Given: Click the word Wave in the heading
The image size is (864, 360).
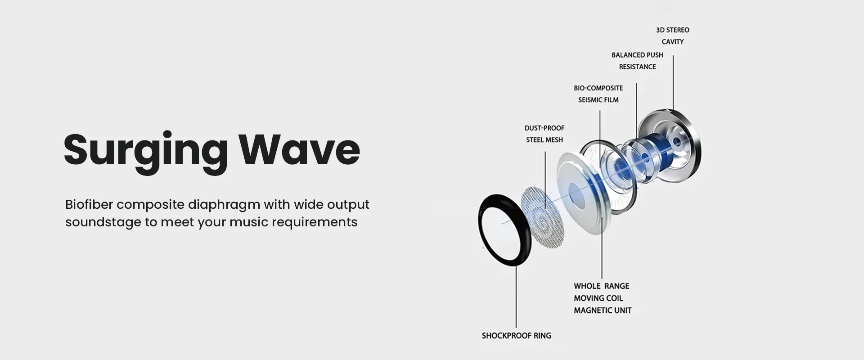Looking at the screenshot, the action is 299,148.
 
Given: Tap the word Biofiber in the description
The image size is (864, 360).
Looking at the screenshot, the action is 89,204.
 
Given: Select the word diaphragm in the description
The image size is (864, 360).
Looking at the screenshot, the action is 224,205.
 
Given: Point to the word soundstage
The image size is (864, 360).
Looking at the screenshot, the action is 103,222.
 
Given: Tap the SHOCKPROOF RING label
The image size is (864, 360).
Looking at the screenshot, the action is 516,336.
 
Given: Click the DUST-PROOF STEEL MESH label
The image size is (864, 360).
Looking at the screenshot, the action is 544,134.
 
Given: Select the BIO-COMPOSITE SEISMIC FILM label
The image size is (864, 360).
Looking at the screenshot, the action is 598,94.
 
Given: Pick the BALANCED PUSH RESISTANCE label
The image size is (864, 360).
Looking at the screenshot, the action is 637,61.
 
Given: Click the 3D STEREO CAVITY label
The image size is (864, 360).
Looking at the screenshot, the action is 673,36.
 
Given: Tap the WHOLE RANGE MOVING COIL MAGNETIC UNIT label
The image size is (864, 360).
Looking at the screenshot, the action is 603,298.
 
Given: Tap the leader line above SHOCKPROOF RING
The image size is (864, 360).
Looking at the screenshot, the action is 516,297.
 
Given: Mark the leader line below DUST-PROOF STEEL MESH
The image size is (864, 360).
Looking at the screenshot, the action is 545,180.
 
